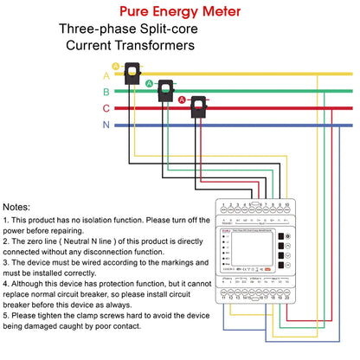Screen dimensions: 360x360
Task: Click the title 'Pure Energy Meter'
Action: coord(179,11)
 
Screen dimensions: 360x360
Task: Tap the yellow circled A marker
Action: coord(115,66)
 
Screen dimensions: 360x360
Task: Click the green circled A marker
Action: coord(148,83)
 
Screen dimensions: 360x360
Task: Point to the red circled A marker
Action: coord(182,100)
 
